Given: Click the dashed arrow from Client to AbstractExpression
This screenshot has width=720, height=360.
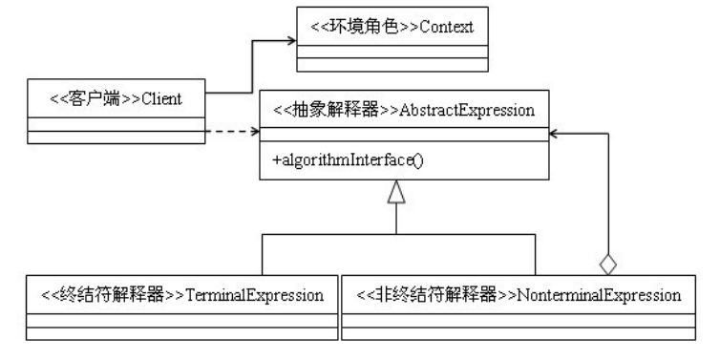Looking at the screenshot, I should (x=229, y=132).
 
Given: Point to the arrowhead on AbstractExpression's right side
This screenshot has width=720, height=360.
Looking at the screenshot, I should (x=557, y=133).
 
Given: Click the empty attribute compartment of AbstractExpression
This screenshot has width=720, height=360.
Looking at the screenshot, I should (x=405, y=134).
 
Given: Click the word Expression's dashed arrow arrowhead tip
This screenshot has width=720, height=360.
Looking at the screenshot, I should (x=257, y=132).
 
